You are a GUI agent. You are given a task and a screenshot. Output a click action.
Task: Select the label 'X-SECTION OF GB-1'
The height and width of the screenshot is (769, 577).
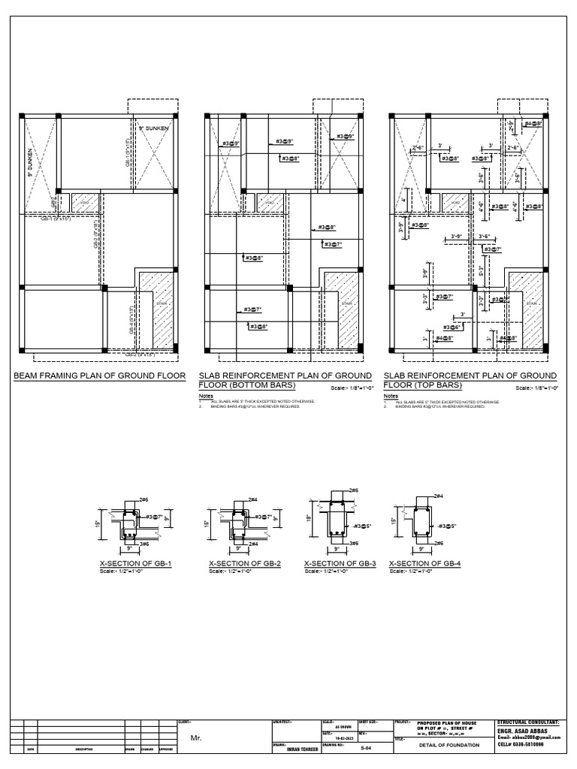pos(136,563)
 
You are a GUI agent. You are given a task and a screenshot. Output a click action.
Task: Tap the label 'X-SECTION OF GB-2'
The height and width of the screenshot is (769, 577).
pos(244,563)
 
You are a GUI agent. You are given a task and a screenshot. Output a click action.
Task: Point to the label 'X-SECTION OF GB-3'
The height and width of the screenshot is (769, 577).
pos(340,563)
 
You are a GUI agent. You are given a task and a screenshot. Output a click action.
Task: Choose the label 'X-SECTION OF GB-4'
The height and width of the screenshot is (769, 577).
pos(424,563)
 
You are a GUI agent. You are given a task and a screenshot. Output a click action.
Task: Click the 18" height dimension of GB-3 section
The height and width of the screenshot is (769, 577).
pos(309,519)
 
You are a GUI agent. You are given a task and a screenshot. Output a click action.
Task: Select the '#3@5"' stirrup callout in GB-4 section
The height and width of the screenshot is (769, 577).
pos(448,526)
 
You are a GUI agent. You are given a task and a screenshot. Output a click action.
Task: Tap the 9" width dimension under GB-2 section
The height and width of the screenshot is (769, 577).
pos(238,550)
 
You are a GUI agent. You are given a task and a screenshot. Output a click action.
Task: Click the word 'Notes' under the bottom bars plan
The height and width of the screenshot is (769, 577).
pos(206,395)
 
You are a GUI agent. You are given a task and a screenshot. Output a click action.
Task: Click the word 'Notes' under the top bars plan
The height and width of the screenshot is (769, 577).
pos(391,395)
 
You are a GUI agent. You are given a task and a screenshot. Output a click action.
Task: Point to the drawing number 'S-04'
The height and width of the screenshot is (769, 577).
pos(366,748)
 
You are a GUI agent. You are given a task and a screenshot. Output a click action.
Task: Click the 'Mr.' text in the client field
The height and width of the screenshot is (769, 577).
pos(197,739)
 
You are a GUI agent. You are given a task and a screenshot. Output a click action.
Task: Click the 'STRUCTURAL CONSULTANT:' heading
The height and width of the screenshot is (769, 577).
pos(528,722)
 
